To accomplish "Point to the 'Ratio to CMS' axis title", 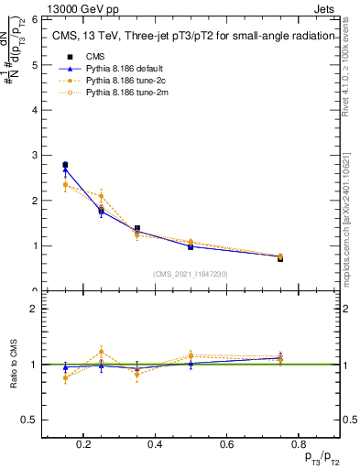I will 14,364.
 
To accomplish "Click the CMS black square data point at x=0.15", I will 65,165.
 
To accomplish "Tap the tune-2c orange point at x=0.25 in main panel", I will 101,196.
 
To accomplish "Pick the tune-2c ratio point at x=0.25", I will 101,352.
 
